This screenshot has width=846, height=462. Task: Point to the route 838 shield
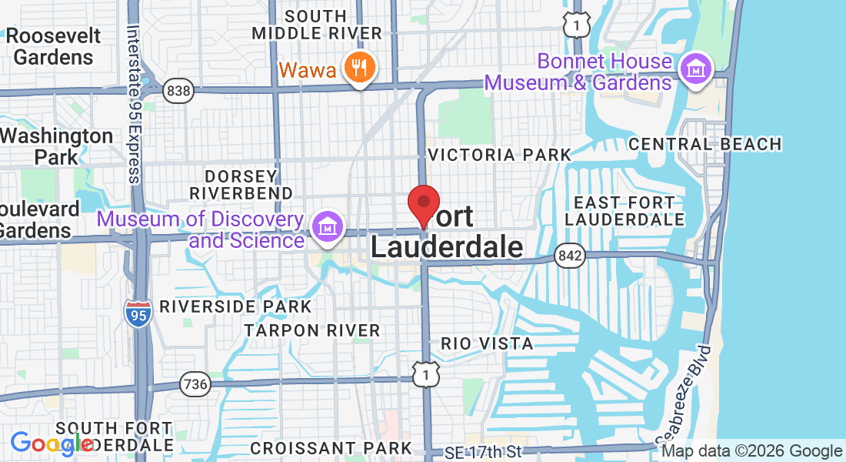178,92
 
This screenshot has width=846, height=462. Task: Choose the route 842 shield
571,255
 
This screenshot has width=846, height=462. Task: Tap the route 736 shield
195,383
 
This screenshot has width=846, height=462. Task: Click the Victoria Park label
499,155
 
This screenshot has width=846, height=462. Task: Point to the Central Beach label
704,144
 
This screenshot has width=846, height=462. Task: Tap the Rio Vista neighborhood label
487,343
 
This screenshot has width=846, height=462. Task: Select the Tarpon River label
312,330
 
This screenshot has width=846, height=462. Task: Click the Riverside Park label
235,306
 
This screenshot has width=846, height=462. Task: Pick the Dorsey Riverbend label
241,184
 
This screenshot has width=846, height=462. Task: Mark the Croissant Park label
331,447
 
